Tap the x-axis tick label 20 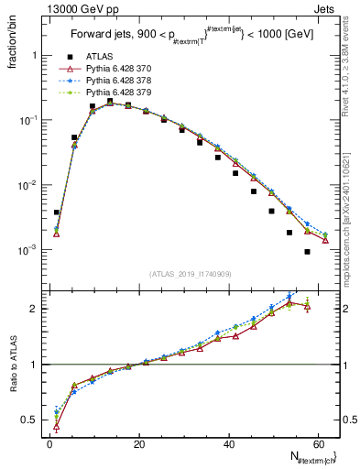(139, 444)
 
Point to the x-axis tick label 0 (50, 444)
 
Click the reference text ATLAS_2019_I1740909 (191, 274)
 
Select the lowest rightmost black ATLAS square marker (307, 251)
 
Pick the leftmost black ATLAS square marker (57, 212)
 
